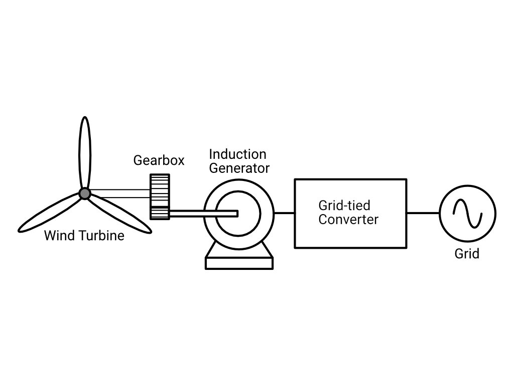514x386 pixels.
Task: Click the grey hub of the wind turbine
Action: pyautogui.click(x=85, y=194)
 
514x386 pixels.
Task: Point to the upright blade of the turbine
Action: pyautogui.click(x=85, y=153)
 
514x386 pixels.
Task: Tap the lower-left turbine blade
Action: pyautogui.click(x=49, y=213)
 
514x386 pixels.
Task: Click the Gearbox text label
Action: pyautogui.click(x=159, y=160)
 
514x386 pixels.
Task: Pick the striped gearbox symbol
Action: pyautogui.click(x=160, y=197)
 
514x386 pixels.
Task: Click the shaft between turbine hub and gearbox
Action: pyautogui.click(x=120, y=194)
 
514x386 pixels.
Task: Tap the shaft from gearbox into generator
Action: pyautogui.click(x=203, y=214)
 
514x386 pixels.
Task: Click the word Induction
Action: pyautogui.click(x=237, y=154)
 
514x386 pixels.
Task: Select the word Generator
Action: pyautogui.click(x=239, y=168)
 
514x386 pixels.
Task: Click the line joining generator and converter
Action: pyautogui.click(x=284, y=213)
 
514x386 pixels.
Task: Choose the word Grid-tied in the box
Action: pyautogui.click(x=344, y=206)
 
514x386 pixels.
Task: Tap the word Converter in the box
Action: pyautogui.click(x=348, y=219)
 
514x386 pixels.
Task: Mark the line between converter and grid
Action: pyautogui.click(x=423, y=213)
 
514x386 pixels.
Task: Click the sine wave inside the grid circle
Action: pyautogui.click(x=468, y=214)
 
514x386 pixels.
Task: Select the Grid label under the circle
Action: pyautogui.click(x=467, y=254)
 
